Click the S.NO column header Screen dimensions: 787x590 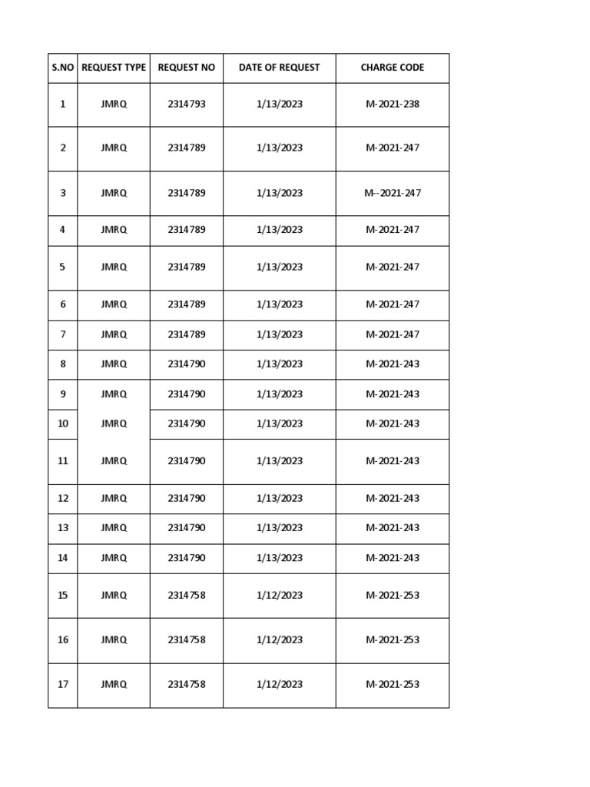coord(63,68)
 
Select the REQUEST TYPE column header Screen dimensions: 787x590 coord(114,68)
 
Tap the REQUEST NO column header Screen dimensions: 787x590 coord(187,68)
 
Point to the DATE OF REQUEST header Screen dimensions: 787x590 coord(280,68)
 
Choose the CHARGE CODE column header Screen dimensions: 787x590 coord(393,68)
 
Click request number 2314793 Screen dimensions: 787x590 coord(187,104)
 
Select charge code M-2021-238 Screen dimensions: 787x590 coord(393,104)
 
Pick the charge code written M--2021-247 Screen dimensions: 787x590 coord(393,193)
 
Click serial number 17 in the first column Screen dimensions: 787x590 coord(63,684)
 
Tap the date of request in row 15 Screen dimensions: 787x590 coord(280,595)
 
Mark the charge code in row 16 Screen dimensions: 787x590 coord(393,639)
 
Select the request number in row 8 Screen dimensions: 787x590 coord(187,364)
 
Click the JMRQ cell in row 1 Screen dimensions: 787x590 coord(114,104)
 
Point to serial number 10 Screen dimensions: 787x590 coord(63,423)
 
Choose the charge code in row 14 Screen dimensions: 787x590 coord(393,558)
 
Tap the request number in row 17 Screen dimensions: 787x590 coord(187,684)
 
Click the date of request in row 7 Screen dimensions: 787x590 coord(280,334)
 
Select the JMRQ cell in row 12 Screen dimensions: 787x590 coord(114,498)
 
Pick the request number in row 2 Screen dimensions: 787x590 coord(187,148)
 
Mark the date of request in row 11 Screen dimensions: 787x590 coord(280,460)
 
